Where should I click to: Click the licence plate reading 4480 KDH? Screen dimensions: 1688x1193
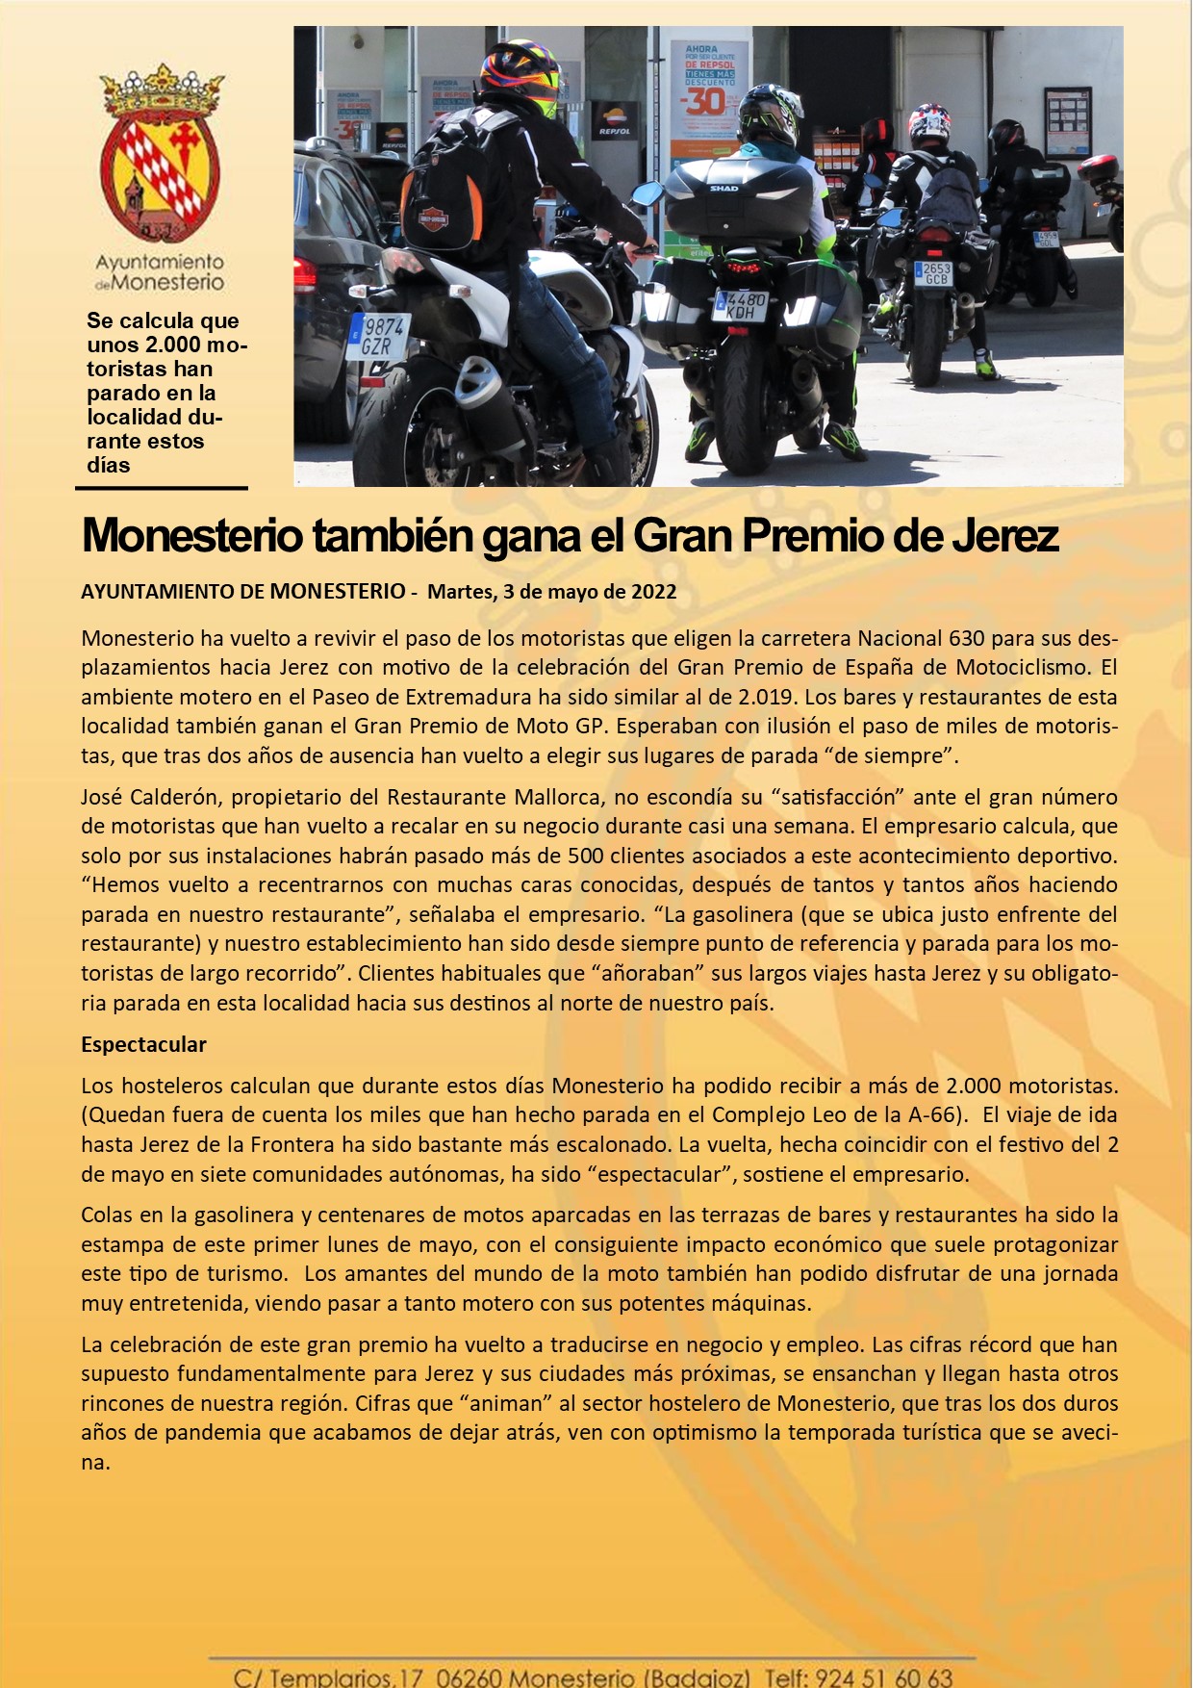pyautogui.click(x=739, y=306)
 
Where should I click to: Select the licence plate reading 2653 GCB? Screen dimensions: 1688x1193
pyautogui.click(x=935, y=274)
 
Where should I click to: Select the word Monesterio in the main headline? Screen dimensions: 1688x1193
pyautogui.click(x=192, y=536)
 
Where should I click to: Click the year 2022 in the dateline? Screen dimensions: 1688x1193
pyautogui.click(x=653, y=592)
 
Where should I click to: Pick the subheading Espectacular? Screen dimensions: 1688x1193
pyautogui.click(x=143, y=1045)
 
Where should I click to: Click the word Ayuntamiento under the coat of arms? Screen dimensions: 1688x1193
pyautogui.click(x=160, y=262)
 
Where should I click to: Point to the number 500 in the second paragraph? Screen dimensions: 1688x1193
pyautogui.click(x=585, y=856)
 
